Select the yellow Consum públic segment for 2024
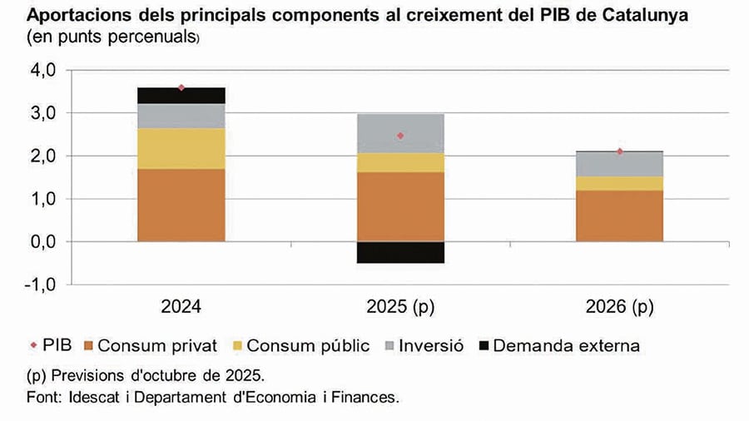pyautogui.click(x=181, y=148)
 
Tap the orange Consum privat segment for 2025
pyautogui.click(x=400, y=206)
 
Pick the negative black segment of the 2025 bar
pyautogui.click(x=400, y=252)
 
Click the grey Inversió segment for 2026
pyautogui.click(x=620, y=164)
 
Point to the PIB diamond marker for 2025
pyautogui.click(x=400, y=136)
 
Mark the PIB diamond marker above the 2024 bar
pyautogui.click(x=181, y=87)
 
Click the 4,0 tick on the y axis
pyautogui.click(x=41, y=71)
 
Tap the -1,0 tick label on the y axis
pyautogui.click(x=38, y=284)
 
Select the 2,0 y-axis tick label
pyautogui.click(x=41, y=156)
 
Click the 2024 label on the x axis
pyautogui.click(x=181, y=308)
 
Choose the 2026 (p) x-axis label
pyautogui.click(x=620, y=308)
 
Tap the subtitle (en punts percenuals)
pyautogui.click(x=112, y=37)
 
